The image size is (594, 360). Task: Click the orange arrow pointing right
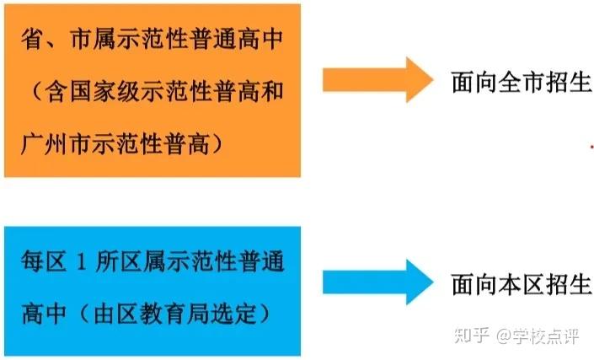click(377, 79)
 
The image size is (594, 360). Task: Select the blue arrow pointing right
click(377, 282)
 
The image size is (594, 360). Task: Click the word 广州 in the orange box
click(45, 144)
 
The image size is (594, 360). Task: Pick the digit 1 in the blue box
click(81, 262)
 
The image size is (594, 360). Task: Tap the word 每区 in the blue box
click(44, 261)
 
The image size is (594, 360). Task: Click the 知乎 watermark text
click(472, 336)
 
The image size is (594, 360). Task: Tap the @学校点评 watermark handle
click(538, 336)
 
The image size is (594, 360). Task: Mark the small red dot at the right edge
click(591, 146)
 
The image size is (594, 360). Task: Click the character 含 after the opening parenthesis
click(56, 92)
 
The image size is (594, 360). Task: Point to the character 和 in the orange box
click(271, 92)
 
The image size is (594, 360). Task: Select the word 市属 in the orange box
click(92, 39)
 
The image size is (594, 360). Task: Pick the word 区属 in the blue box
click(143, 261)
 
